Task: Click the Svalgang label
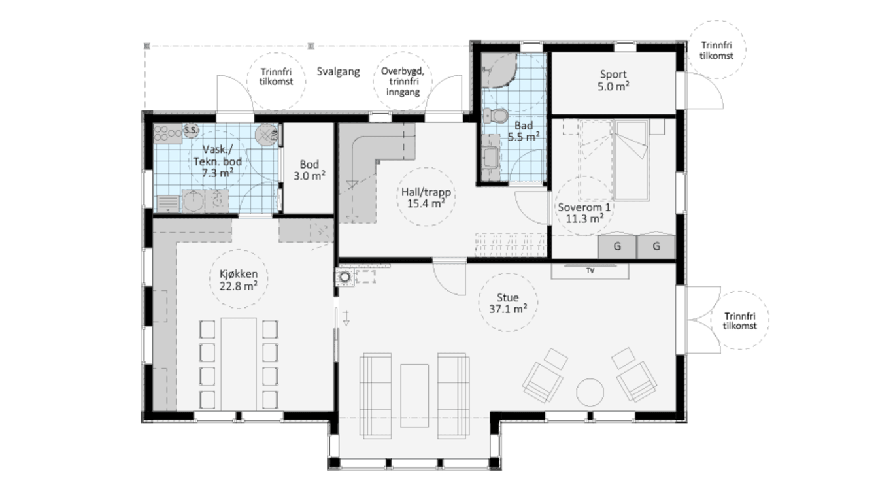coord(338,71)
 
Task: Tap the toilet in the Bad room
coord(495,116)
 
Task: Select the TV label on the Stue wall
coord(590,271)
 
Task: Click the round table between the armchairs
coord(590,392)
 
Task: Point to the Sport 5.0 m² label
coord(613,80)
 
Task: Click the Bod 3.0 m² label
coord(309,170)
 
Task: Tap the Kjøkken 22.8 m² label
coord(239,280)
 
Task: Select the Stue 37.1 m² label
coord(508,303)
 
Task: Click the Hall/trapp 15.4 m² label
coord(426,197)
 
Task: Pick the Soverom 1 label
coord(584,207)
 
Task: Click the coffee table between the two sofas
coord(414,395)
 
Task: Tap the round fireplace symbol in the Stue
coord(345,276)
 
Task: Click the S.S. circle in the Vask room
coord(191,130)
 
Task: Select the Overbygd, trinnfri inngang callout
coord(403,81)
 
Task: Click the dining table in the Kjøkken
coord(239,364)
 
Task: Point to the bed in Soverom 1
coord(631,159)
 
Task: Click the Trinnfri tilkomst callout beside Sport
coord(716,50)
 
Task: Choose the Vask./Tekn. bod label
coord(217,161)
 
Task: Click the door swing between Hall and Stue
coord(449,278)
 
